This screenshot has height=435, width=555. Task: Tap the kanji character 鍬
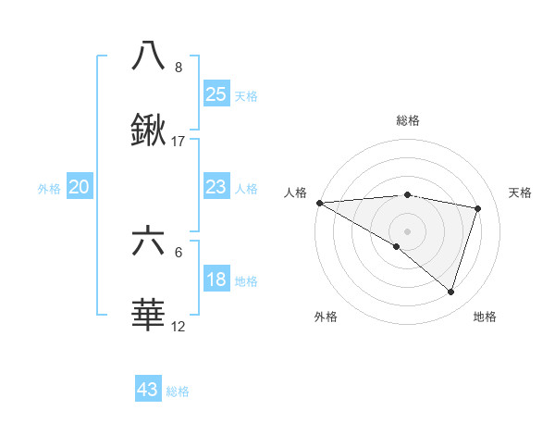148,131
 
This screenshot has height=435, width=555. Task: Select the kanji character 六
148,242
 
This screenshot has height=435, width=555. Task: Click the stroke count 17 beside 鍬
179,142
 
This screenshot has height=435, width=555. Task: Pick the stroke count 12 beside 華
179,327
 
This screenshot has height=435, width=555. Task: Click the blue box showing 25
216,93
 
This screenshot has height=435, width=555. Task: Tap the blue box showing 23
216,187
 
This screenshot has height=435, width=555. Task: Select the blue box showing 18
216,280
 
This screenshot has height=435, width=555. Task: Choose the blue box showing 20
80,187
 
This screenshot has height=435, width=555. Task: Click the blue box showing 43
148,390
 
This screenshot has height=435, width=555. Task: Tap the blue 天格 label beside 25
246,95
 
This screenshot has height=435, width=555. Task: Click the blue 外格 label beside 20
49,189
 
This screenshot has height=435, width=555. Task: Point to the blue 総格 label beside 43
178,391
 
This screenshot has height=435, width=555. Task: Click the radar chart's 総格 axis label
407,120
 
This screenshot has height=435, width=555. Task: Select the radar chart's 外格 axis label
326,317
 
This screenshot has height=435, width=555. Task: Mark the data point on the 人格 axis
319,203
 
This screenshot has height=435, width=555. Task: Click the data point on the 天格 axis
478,208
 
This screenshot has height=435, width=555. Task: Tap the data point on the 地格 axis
450,292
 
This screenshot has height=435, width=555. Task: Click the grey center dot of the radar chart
407,230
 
